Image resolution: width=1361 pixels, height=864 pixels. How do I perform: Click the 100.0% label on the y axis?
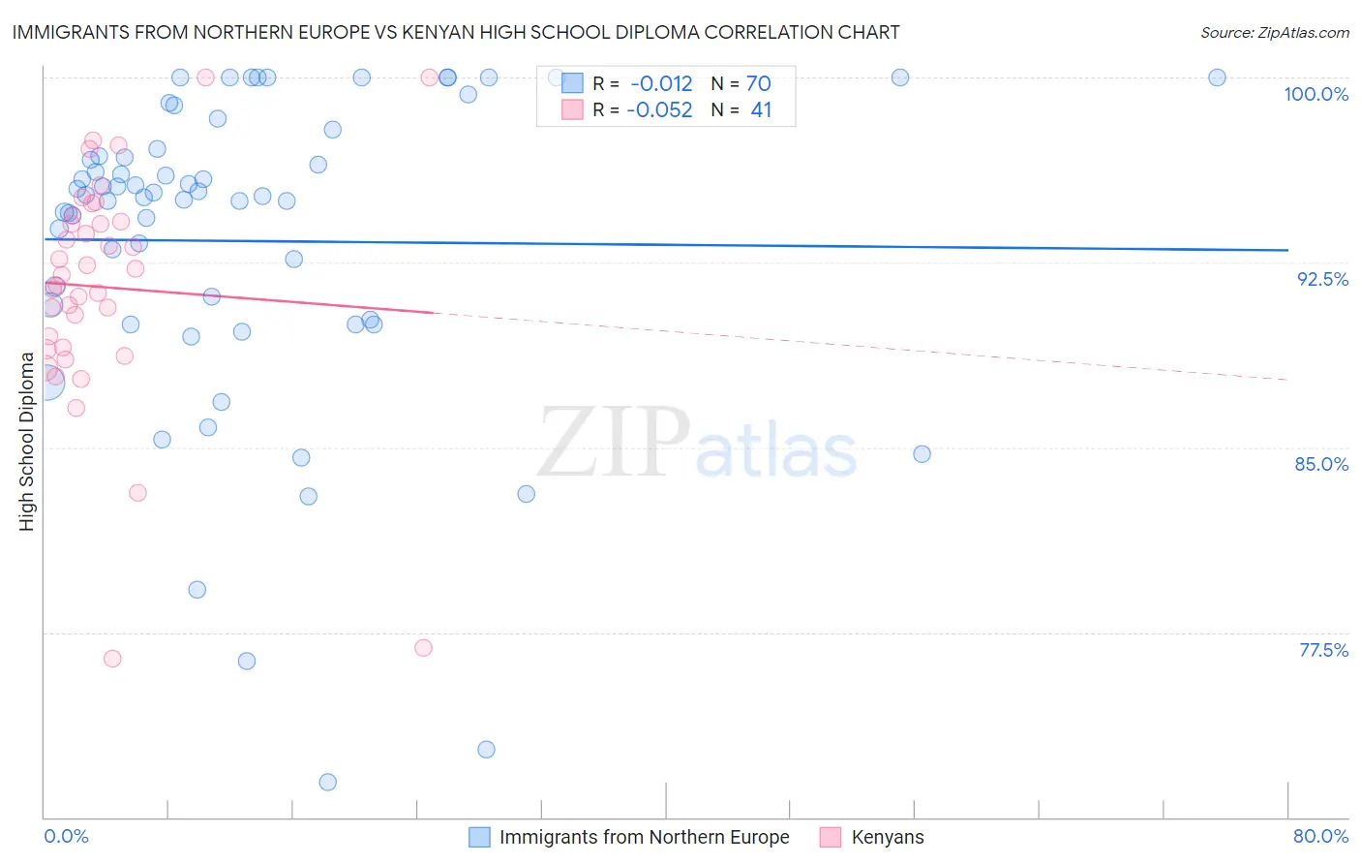pos(1316,94)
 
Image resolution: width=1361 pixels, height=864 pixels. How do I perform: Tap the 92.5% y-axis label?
pos(1322,279)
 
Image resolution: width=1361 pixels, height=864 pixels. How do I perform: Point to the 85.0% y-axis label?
pos(1321,464)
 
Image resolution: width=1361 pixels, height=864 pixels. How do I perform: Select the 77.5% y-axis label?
pos(1323,650)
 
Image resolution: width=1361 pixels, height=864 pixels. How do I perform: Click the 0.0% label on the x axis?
pos(66,836)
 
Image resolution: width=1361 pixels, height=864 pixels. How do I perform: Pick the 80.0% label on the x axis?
pos(1320,836)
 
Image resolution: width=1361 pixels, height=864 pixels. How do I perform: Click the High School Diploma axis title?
pos(27,441)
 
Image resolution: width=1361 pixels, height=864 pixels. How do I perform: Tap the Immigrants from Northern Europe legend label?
pos(644,837)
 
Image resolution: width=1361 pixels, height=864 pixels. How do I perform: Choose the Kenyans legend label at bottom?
pos(887,837)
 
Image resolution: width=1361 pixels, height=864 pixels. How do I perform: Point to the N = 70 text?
pos(741,83)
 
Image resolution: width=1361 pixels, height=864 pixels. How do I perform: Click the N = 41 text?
pos(741,110)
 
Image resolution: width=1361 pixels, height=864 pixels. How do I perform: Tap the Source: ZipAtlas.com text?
pos(1274,33)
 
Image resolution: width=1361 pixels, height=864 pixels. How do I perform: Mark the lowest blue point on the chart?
pos(327,782)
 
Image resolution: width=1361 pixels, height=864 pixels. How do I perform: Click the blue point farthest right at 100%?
pos(1217,77)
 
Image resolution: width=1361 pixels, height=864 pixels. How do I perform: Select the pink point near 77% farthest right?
pos(423,648)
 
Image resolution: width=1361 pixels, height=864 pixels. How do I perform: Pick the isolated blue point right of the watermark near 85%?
pos(922,454)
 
